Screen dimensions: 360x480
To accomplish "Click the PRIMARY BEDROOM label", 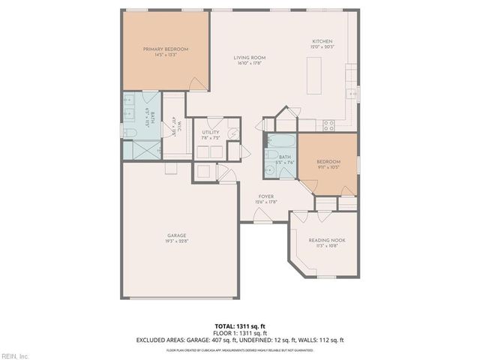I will [x=166, y=49].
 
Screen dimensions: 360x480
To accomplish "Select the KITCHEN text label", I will [x=322, y=41].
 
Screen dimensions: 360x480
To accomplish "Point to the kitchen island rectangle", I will [x=313, y=72].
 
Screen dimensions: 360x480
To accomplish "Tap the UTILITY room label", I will [x=211, y=132].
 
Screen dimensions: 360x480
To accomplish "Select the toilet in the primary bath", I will [x=128, y=133].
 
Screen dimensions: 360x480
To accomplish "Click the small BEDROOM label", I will [x=328, y=162].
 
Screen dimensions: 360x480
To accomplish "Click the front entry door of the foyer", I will [x=262, y=217].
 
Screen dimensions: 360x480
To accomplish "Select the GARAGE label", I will [x=176, y=235].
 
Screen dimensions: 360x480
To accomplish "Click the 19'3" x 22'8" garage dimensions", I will [x=176, y=241].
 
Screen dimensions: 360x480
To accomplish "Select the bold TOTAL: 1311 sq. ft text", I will [x=239, y=325].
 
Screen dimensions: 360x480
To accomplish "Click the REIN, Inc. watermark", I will [x=15, y=355].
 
